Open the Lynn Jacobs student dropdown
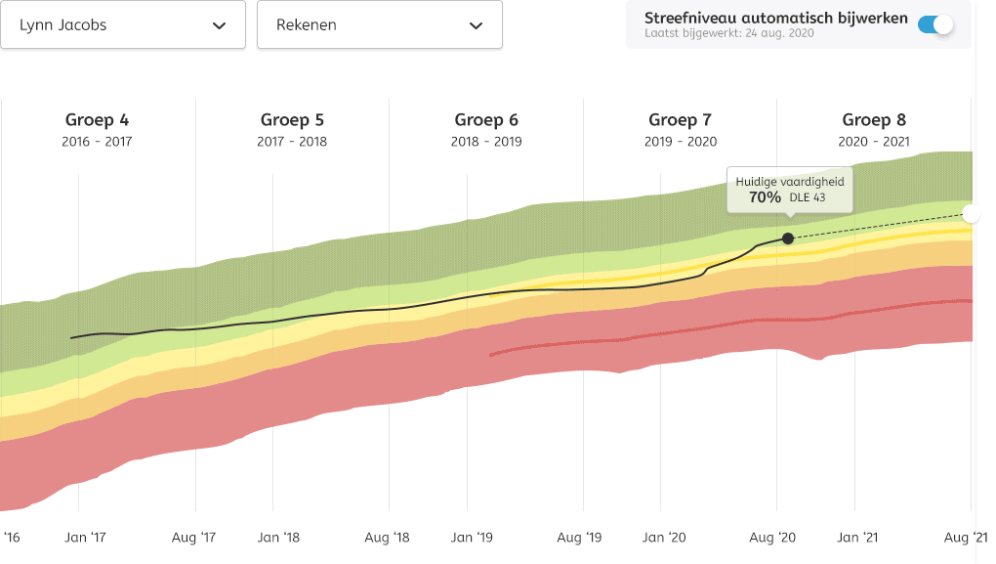[x=122, y=25]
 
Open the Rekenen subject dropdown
[x=379, y=25]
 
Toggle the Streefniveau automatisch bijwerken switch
[x=935, y=24]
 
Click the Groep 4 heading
[x=97, y=120]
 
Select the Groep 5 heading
[x=292, y=120]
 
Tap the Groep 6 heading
[x=486, y=120]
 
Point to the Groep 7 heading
[x=681, y=120]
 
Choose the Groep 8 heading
[x=874, y=120]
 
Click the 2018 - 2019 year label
[x=486, y=142]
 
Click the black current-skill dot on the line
[x=788, y=238]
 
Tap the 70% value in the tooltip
[x=765, y=197]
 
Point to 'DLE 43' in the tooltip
[x=808, y=197]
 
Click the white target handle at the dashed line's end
[x=971, y=214]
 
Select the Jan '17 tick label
[x=85, y=537]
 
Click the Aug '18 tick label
[x=386, y=537]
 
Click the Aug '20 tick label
[x=774, y=537]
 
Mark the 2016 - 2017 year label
[x=97, y=142]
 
